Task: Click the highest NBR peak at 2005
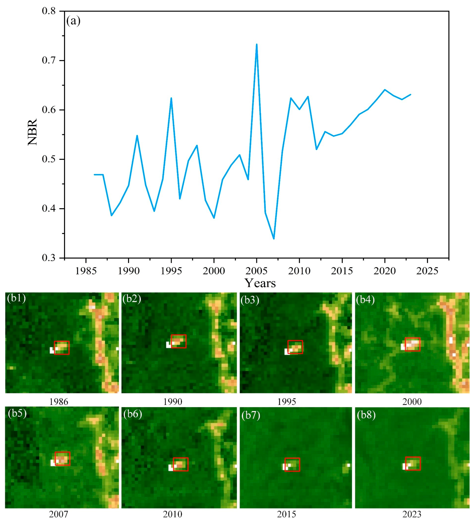257,44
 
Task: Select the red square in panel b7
292,465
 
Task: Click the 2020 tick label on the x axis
385,271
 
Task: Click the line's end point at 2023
410,95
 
